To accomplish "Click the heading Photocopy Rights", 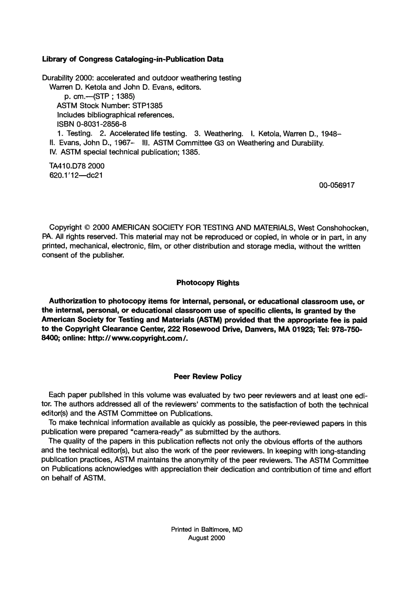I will tap(207, 283).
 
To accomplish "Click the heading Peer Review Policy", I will tap(207, 377).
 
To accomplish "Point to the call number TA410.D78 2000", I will tap(77, 166).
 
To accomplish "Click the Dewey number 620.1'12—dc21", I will tap(76, 175).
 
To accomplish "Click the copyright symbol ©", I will tap(87, 228).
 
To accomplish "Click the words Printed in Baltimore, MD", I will tap(207, 530).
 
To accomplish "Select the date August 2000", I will tap(207, 538).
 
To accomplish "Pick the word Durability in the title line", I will tap(58, 78).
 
